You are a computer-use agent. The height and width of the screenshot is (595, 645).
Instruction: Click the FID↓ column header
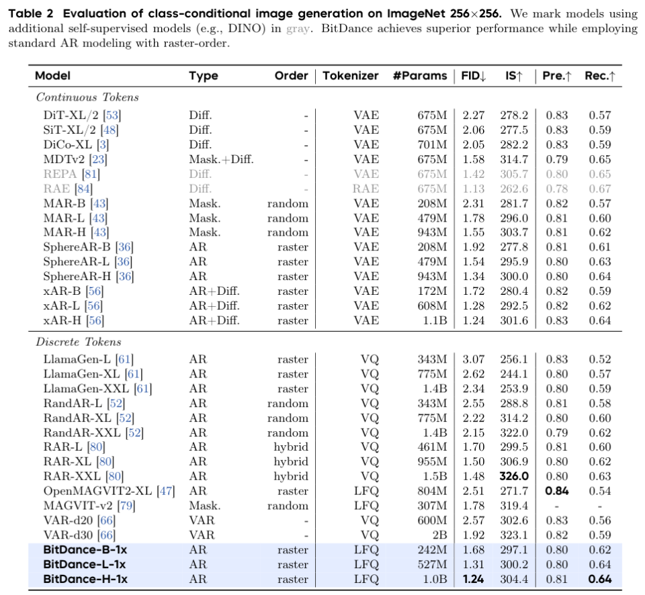(473, 76)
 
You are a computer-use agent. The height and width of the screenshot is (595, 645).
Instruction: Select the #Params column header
(419, 76)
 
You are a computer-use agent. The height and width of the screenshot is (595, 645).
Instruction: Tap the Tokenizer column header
(350, 76)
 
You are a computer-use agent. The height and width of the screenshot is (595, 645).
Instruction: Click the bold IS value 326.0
(514, 477)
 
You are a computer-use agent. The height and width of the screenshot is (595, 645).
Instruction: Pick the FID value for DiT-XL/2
(473, 115)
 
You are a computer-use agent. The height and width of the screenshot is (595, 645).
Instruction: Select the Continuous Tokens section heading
(87, 97)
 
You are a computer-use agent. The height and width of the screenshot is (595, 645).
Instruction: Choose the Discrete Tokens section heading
(79, 342)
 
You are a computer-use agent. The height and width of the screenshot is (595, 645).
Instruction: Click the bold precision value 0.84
(556, 492)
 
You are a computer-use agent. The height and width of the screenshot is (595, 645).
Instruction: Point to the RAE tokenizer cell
(366, 189)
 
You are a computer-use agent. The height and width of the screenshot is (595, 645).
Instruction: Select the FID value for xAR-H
(473, 320)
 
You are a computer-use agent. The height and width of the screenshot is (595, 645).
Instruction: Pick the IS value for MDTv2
(514, 159)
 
